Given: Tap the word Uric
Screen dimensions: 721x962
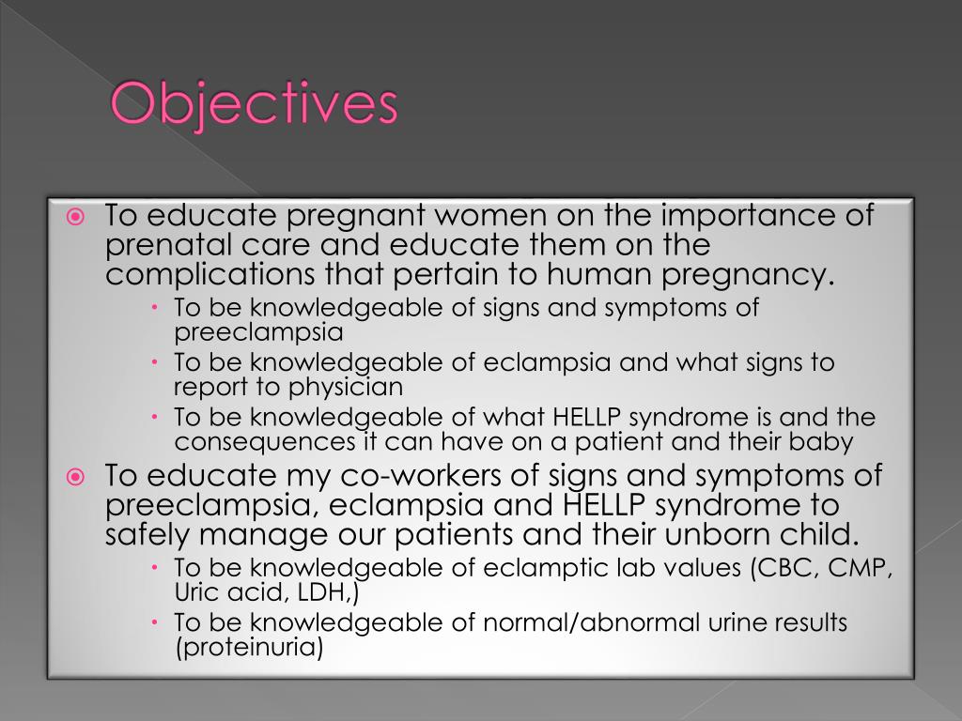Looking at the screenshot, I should pos(195,592).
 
